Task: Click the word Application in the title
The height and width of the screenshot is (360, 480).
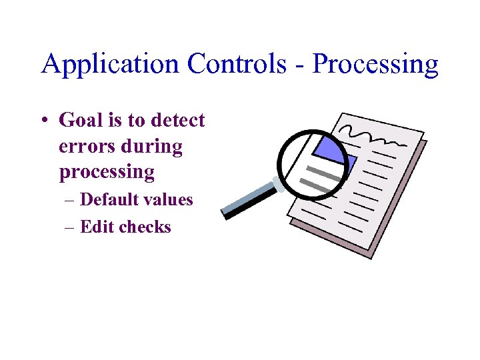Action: click(111, 65)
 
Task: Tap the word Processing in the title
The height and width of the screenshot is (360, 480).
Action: click(375, 65)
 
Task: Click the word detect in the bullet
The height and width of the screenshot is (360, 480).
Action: click(178, 121)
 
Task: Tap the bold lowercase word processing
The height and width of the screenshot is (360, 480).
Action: click(107, 172)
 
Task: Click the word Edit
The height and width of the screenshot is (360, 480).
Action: click(95, 227)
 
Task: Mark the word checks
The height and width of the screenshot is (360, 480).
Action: click(145, 227)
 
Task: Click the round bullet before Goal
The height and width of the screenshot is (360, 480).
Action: click(43, 121)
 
